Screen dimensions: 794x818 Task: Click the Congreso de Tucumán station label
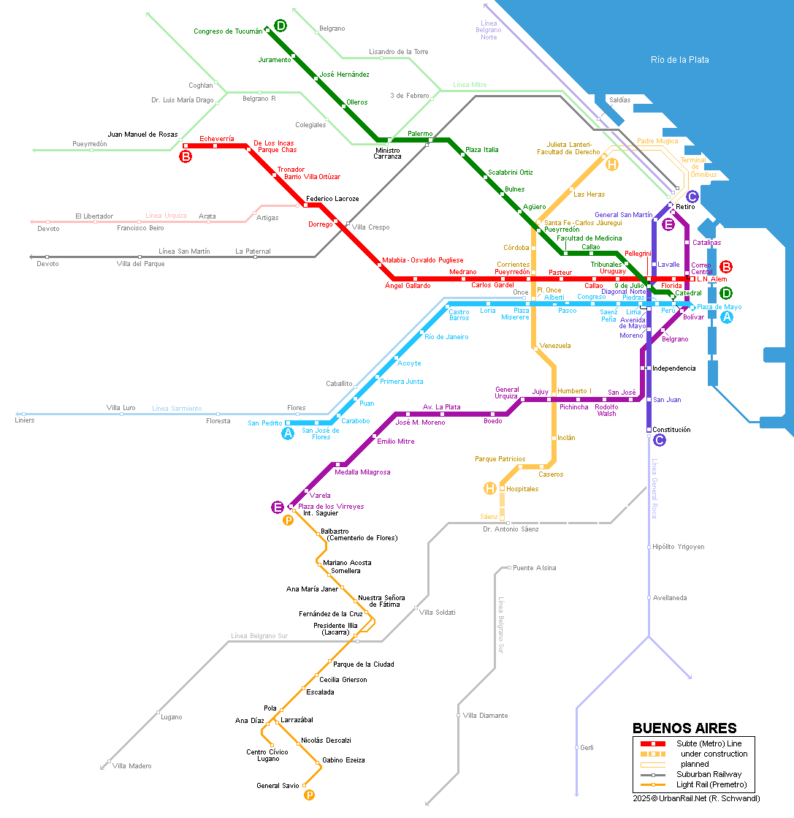228,31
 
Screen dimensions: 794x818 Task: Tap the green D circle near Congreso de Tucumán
280,26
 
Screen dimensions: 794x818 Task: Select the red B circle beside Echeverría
186,156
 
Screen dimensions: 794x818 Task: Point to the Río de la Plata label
680,60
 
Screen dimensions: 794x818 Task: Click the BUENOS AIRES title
684,728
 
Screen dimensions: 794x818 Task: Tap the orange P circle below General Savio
309,795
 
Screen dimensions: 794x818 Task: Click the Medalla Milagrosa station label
362,472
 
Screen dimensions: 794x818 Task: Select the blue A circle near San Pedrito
288,433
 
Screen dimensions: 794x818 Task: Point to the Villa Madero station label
132,766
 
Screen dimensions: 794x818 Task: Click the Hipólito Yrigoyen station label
679,547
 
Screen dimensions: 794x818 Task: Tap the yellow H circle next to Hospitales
490,488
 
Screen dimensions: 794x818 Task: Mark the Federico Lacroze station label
332,199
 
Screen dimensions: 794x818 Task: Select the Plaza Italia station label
481,150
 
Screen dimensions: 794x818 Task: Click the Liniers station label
25,420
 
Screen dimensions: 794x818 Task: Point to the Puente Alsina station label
535,567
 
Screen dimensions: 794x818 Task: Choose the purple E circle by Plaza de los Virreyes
278,507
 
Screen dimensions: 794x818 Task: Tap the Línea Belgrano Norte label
489,30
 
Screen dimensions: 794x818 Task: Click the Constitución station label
671,430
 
